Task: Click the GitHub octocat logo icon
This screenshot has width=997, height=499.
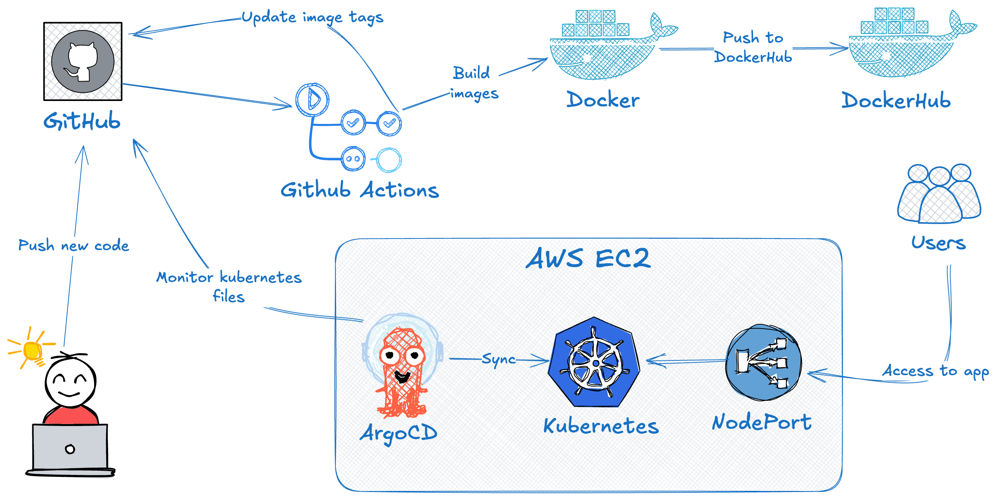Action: (x=83, y=61)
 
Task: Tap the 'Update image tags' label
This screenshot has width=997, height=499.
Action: (x=312, y=17)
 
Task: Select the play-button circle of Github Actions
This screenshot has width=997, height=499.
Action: (x=312, y=99)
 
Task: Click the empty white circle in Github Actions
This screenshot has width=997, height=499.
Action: (x=388, y=160)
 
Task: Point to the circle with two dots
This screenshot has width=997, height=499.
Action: (x=353, y=158)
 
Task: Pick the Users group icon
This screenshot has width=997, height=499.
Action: (x=939, y=194)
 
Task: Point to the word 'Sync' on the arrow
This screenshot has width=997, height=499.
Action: (x=499, y=360)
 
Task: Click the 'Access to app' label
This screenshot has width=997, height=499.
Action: (x=935, y=371)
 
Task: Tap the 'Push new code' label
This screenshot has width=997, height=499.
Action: (x=73, y=245)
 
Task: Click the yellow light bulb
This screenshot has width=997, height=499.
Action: (x=33, y=351)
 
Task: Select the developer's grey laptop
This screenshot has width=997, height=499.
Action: (x=70, y=449)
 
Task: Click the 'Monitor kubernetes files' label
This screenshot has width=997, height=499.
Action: (x=229, y=287)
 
